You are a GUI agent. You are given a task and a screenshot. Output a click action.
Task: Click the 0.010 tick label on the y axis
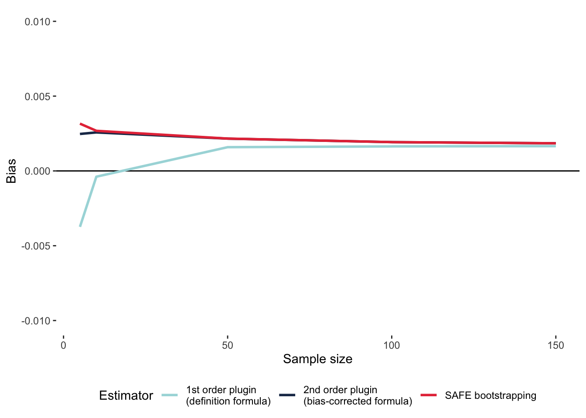37,21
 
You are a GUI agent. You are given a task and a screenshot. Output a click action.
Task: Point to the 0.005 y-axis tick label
37,96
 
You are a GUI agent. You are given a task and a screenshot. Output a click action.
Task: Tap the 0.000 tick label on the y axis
37,171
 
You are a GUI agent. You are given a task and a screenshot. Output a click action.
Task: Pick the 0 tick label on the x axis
63,346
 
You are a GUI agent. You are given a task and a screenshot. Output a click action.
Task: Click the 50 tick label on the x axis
227,346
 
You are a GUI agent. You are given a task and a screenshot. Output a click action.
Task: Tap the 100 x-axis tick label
392,346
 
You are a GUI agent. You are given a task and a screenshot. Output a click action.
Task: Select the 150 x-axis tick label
555,346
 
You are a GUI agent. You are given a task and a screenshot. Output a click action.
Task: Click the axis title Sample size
317,359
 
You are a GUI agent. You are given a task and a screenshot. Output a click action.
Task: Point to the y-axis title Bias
11,171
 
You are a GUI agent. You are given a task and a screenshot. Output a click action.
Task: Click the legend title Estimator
126,396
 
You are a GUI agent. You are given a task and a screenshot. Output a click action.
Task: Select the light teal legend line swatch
170,395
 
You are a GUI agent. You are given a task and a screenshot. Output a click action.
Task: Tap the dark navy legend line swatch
287,395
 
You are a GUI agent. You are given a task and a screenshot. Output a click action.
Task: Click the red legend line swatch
429,395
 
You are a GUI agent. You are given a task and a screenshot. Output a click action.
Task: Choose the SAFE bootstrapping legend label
491,396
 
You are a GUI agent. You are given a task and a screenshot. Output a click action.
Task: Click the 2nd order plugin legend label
358,395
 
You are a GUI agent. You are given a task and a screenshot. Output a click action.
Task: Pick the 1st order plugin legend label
228,395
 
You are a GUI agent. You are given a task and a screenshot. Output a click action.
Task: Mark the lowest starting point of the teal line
80,226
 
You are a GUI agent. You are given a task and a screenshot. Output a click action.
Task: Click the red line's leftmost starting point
80,124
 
